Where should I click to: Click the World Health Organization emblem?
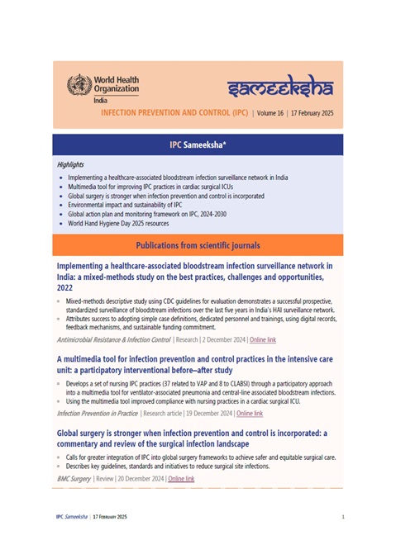point(80,84)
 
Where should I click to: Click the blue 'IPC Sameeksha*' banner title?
point(198,144)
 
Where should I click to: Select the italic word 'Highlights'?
point(71,164)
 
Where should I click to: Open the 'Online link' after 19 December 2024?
point(250,413)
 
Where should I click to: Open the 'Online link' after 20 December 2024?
point(181,478)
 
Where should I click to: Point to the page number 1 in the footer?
point(342,516)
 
